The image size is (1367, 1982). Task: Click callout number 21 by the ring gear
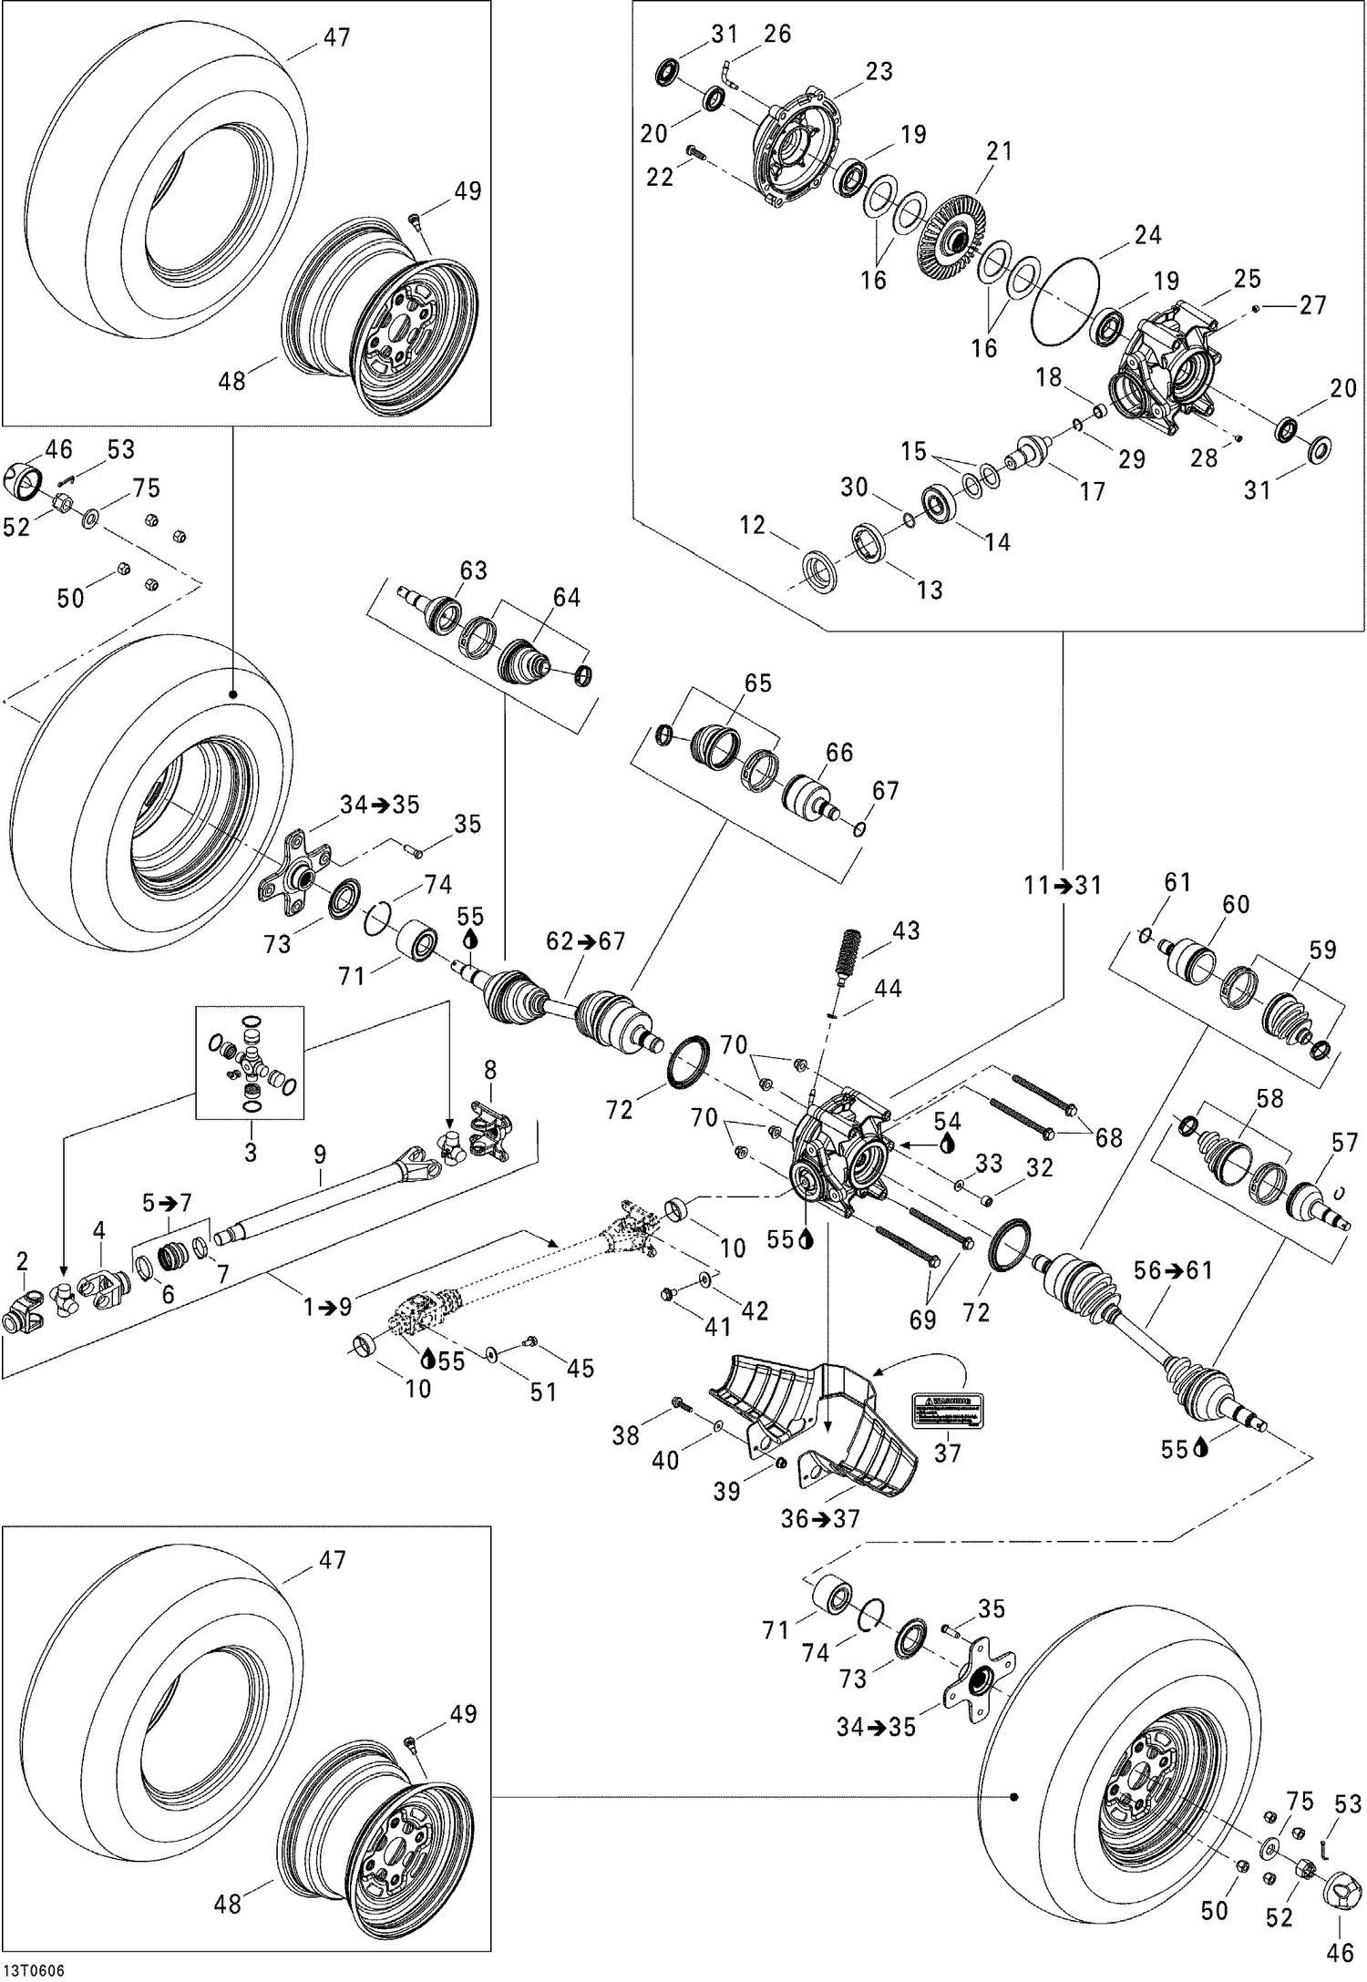click(999, 151)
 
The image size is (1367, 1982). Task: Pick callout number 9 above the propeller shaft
click(319, 1155)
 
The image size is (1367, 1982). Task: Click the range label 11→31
click(1062, 885)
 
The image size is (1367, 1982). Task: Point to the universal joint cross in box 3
click(251, 1064)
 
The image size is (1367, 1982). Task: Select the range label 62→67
click(585, 940)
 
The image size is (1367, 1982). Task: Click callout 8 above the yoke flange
click(489, 1069)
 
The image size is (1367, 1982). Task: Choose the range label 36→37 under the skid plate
click(820, 1519)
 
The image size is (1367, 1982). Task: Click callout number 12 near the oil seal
click(753, 525)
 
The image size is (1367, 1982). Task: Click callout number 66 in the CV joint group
click(838, 753)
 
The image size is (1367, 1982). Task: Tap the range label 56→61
click(1173, 1270)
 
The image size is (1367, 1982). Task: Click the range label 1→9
click(327, 1308)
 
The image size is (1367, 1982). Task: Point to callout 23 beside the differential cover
click(879, 71)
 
